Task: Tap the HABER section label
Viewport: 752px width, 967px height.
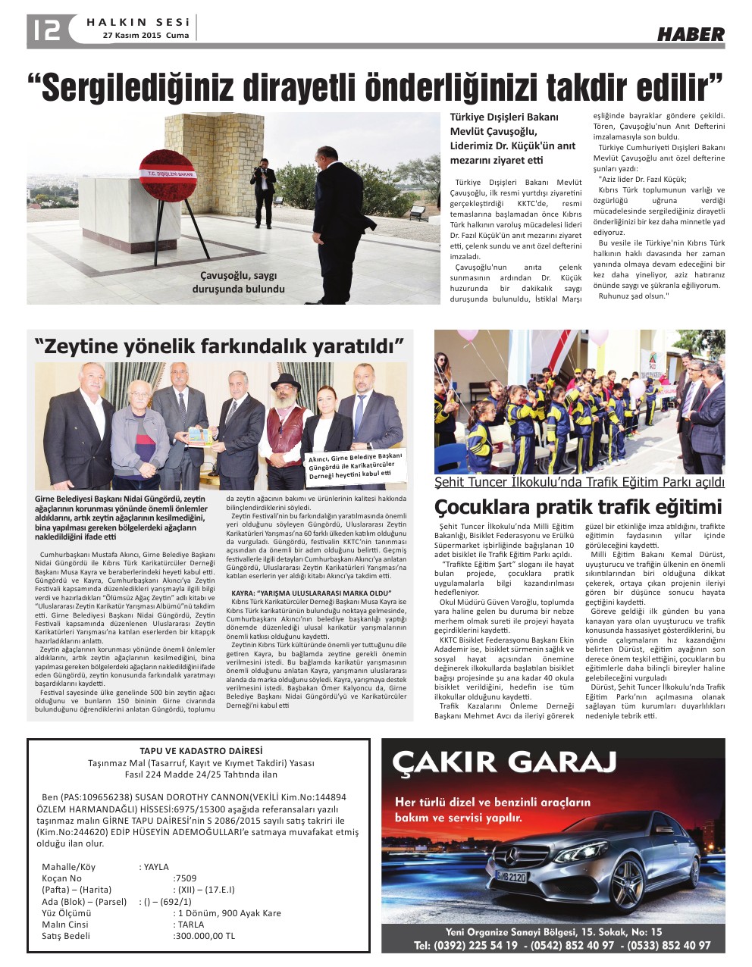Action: pyautogui.click(x=690, y=34)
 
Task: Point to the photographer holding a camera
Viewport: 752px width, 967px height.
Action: pyautogui.click(x=264, y=190)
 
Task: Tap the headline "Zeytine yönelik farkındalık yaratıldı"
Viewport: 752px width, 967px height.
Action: pyautogui.click(x=218, y=346)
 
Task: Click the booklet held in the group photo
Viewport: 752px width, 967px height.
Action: pyautogui.click(x=199, y=437)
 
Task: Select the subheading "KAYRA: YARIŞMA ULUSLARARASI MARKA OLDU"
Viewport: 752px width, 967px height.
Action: pyautogui.click(x=311, y=592)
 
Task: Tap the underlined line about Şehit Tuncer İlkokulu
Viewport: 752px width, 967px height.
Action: pyautogui.click(x=579, y=483)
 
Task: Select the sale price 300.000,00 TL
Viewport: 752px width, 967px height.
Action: pyautogui.click(x=204, y=936)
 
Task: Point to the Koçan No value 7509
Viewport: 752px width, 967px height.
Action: pyautogui.click(x=185, y=878)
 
